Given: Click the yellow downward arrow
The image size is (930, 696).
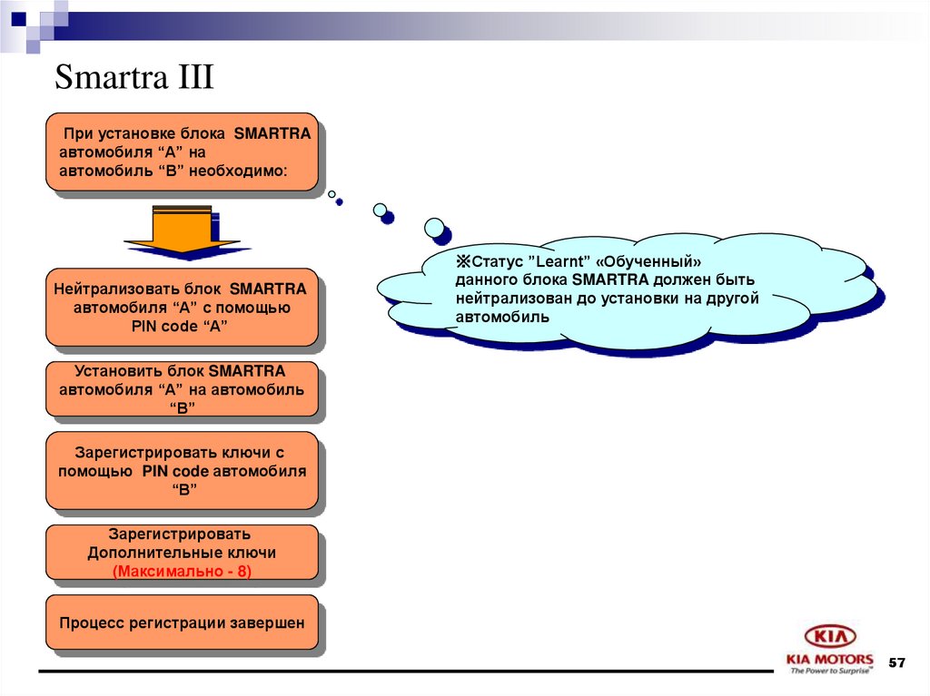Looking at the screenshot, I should tap(182, 229).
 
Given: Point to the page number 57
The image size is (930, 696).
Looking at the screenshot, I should tap(896, 663).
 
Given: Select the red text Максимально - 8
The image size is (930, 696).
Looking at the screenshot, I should tap(182, 571).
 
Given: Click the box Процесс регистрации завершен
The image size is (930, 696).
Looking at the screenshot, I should tap(182, 623).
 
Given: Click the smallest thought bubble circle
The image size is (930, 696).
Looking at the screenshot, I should tap(332, 193).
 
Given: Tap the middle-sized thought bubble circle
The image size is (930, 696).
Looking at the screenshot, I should tap(381, 210).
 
